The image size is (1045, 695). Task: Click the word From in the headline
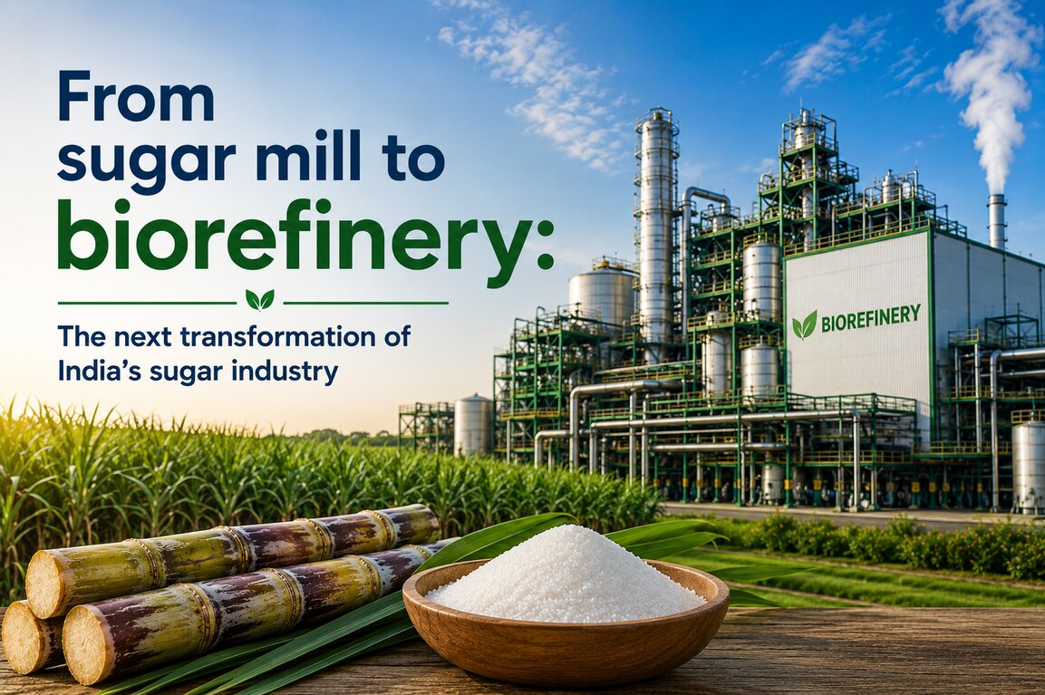(137, 99)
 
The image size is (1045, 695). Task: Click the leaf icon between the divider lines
(259, 300)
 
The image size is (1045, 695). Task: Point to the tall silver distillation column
(657, 233)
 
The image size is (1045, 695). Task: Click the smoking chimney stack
(996, 221)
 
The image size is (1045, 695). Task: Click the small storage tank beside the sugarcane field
(473, 425)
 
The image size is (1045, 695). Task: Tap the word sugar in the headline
(150, 162)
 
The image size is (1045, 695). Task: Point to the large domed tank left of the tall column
(601, 294)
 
